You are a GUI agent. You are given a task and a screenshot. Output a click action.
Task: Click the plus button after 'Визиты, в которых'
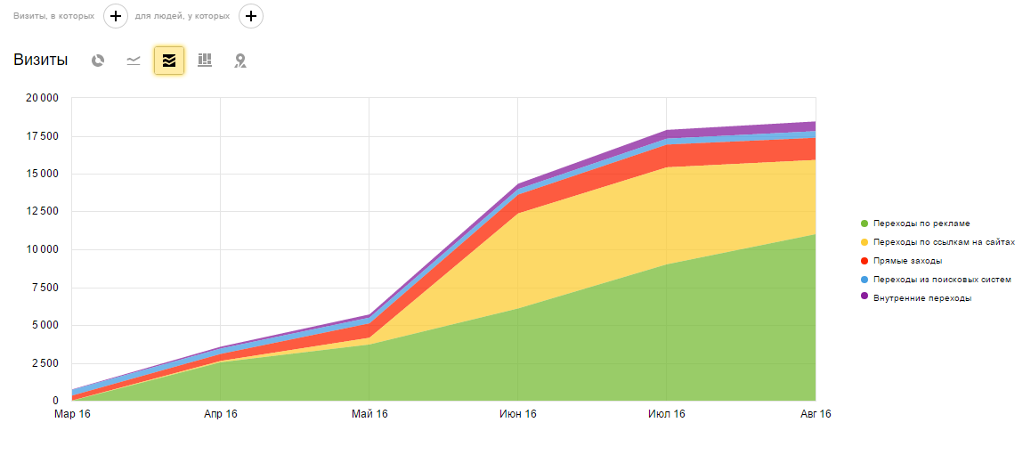116,16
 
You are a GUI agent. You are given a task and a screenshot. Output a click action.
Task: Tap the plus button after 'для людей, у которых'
251,16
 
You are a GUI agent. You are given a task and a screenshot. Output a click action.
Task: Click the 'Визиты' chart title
40,61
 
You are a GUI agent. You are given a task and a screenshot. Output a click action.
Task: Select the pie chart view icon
98,61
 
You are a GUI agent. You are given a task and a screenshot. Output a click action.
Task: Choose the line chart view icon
134,61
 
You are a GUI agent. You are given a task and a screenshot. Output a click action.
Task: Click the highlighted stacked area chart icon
169,61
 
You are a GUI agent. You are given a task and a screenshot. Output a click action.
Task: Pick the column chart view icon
205,61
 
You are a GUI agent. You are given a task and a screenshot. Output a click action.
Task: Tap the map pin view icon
239,61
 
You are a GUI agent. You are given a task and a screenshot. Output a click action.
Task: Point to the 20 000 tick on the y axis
41,98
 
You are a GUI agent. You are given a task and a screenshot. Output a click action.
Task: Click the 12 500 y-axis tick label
41,212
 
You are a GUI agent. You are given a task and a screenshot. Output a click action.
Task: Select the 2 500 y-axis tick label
44,363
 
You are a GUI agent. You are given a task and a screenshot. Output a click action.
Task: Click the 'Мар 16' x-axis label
72,414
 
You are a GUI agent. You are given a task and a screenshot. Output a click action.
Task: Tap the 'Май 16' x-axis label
369,414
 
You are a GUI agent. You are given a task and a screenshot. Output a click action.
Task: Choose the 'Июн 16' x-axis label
518,414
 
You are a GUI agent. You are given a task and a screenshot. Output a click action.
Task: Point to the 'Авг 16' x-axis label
815,414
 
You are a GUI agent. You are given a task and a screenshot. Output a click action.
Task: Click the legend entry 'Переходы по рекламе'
921,223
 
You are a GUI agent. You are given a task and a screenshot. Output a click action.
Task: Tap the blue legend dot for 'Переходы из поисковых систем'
864,280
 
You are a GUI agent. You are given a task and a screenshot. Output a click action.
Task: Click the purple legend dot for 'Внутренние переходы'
864,297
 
